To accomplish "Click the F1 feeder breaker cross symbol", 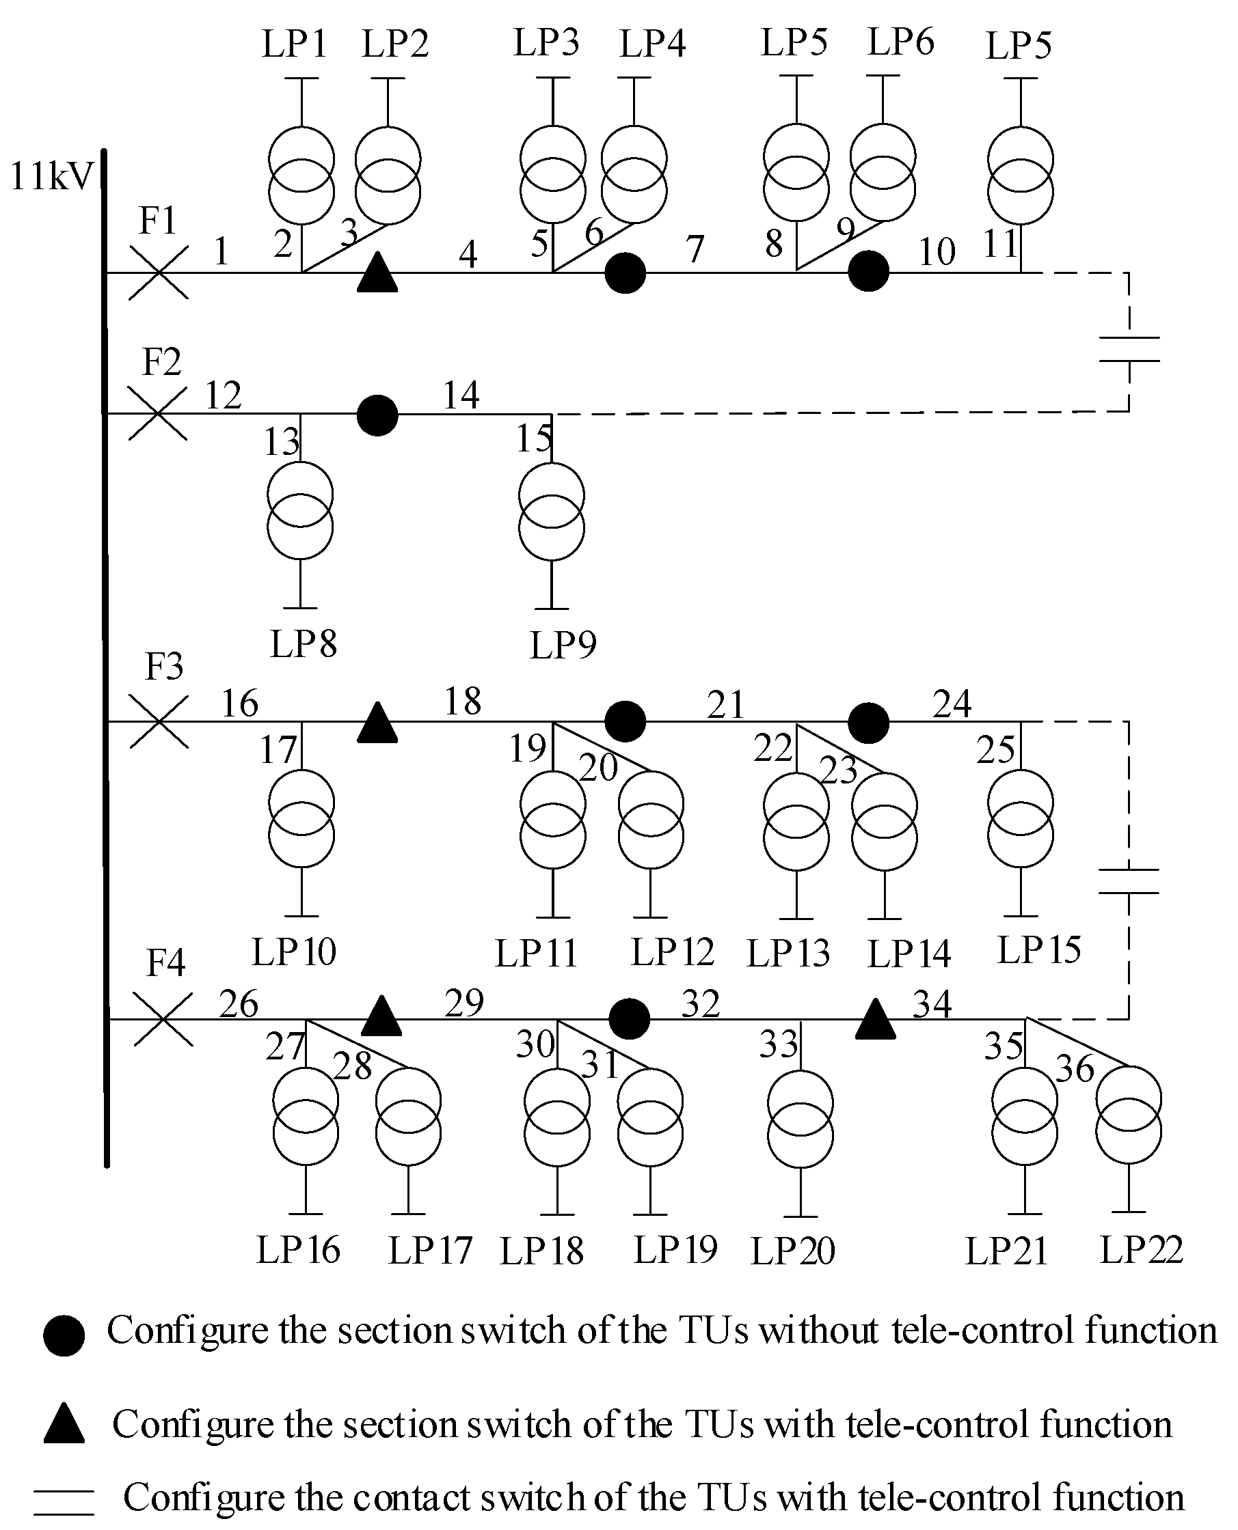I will coord(159,273).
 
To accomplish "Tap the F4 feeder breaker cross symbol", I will coord(163,1020).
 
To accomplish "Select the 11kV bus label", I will coord(51,176).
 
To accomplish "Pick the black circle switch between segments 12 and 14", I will coord(377,415).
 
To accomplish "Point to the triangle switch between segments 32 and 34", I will coord(875,1020).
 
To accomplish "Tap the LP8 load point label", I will coord(303,644).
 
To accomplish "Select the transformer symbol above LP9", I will coord(551,512).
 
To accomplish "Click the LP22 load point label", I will coord(1141,1249).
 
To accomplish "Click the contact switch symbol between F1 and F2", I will coord(1129,349).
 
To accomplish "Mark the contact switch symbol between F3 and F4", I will coord(1129,881).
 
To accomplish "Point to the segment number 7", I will coord(695,249).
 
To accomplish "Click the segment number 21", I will coord(725,705).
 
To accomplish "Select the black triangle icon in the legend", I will coord(64,1425).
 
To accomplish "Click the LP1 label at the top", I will coord(294,44).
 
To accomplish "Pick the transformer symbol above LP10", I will coord(301,819).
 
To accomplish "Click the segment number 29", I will coord(463,1003).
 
